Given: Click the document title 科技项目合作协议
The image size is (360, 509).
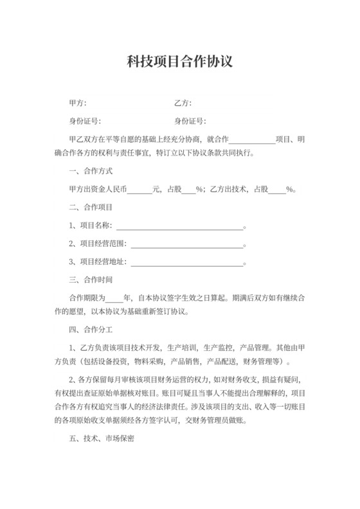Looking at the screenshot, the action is (179, 62).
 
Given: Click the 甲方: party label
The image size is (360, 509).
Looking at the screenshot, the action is (77, 103).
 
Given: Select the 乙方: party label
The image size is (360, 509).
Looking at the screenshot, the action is (183, 103).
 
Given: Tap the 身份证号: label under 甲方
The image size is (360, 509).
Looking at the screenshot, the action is (85, 121).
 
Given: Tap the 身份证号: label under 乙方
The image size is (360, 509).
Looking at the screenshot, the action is (190, 121).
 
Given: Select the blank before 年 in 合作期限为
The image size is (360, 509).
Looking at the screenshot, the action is (114, 299).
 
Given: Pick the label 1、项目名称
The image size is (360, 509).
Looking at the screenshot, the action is (91, 226).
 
